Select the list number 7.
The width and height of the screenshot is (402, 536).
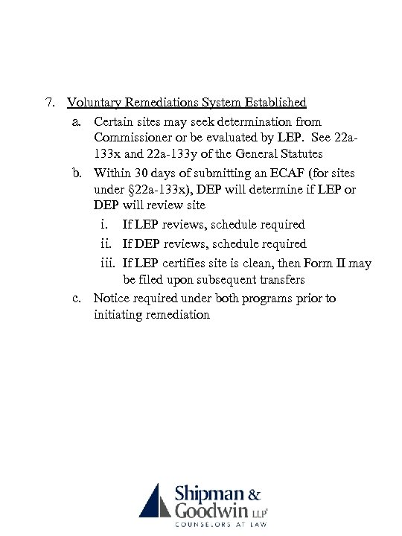50,102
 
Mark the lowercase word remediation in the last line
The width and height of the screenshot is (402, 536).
173,315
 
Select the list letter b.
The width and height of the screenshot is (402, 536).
77,172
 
